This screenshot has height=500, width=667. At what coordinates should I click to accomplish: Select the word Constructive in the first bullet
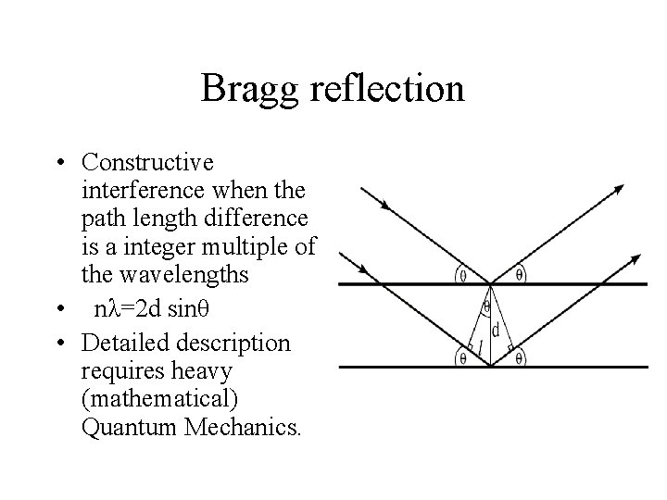pos(147,163)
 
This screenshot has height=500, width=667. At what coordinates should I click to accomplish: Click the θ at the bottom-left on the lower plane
pos(461,356)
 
